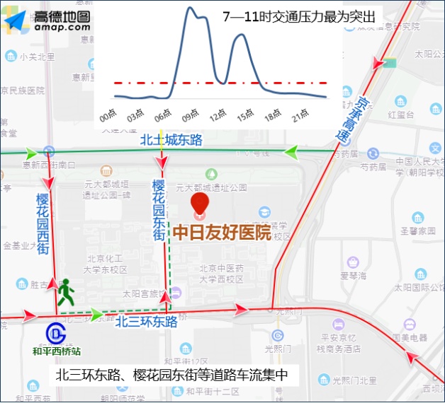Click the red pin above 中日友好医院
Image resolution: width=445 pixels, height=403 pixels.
click(x=201, y=203)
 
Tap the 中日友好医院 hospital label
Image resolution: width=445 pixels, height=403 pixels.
click(x=222, y=232)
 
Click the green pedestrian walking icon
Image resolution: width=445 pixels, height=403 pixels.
click(x=67, y=291)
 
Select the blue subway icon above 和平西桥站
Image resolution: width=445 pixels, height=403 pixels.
click(x=55, y=332)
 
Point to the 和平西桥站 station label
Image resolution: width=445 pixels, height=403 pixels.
click(x=57, y=350)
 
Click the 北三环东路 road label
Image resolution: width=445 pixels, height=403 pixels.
click(x=147, y=322)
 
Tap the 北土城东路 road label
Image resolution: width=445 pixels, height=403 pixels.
click(x=171, y=140)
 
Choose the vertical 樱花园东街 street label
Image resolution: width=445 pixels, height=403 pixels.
click(x=158, y=210)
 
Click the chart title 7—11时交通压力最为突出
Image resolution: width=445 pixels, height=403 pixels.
click(x=298, y=16)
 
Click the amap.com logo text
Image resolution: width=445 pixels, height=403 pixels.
click(x=62, y=27)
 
